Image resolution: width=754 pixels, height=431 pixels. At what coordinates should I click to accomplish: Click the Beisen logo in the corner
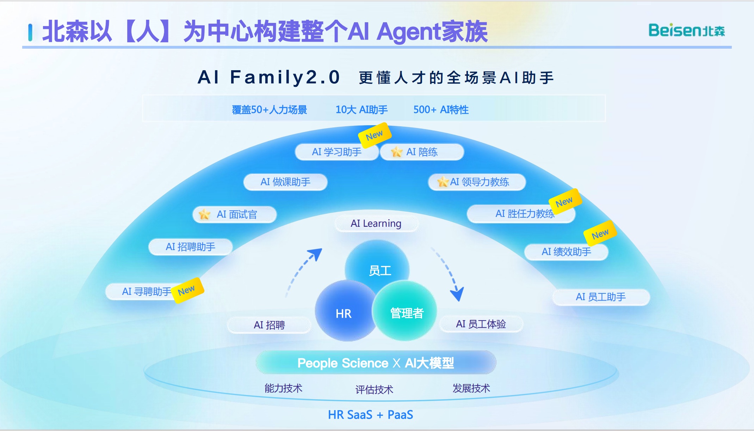tap(686, 31)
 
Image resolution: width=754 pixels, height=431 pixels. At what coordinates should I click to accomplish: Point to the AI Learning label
tap(376, 224)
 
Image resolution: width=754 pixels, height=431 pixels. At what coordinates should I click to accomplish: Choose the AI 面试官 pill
tap(235, 214)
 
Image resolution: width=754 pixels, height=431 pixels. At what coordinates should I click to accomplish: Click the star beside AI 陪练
tap(397, 152)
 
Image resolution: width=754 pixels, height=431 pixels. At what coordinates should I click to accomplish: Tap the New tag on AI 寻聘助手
tap(187, 290)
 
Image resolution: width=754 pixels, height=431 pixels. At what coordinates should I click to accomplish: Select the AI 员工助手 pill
tap(601, 297)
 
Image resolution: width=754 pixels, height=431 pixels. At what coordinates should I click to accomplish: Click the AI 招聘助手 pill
tap(190, 247)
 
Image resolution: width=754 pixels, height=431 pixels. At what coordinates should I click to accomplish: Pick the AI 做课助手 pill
tap(285, 182)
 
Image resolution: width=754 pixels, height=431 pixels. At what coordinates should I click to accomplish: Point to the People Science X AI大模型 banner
tap(376, 363)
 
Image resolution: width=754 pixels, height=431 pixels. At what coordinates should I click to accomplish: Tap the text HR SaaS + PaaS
tap(370, 414)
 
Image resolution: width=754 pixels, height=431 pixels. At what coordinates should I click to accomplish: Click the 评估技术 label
tap(374, 389)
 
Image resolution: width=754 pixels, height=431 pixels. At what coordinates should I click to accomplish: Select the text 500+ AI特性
tap(441, 110)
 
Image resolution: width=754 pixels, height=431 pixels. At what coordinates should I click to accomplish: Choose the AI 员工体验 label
tap(481, 324)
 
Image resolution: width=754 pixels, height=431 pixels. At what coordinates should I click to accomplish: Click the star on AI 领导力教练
tap(443, 182)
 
